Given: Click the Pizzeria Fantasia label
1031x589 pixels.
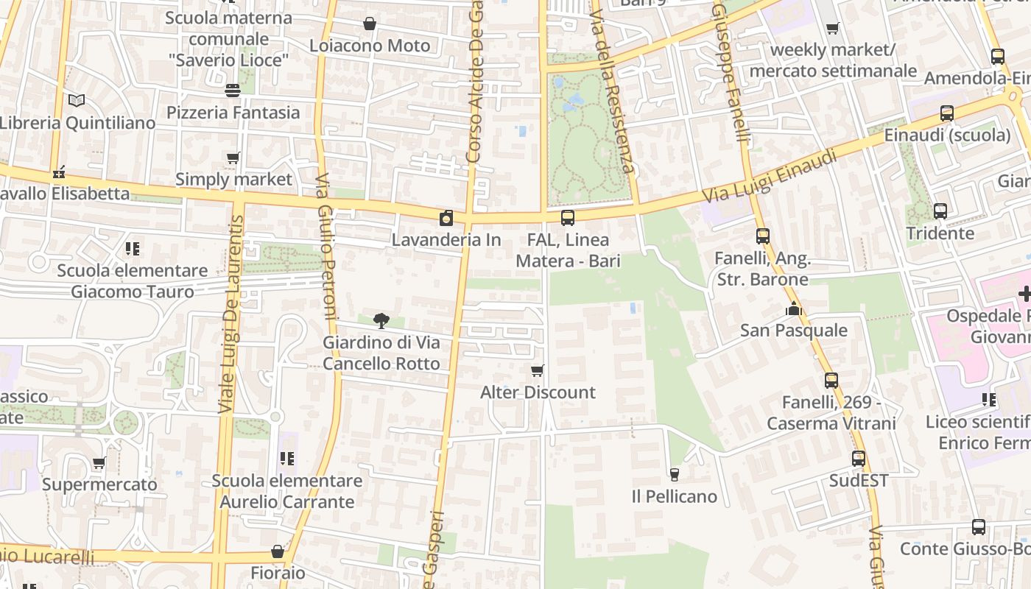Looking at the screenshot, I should [233, 113].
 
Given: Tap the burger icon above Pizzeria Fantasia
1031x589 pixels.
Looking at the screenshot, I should [233, 90].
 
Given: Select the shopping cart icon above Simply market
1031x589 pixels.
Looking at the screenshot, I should [233, 158].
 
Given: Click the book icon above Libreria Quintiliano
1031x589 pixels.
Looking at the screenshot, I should [77, 100].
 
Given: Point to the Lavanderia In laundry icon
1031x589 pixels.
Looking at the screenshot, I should [446, 218].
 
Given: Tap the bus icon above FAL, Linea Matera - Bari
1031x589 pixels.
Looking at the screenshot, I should [568, 218].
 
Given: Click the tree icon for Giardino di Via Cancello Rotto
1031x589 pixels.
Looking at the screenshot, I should [381, 320].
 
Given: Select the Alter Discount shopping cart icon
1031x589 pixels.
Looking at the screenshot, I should [538, 370].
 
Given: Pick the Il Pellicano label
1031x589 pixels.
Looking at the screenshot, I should [675, 497].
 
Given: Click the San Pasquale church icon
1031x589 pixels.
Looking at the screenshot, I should [793, 308].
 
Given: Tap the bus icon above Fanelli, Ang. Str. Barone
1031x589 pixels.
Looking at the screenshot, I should [763, 236].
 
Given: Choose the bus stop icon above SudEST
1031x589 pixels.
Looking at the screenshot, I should [859, 459].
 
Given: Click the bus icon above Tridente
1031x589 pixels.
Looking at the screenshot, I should [940, 211].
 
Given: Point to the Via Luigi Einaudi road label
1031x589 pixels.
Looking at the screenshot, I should [770, 177].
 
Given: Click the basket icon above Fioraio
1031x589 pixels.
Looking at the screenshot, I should [278, 551].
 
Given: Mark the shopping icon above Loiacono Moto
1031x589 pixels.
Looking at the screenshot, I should [370, 24].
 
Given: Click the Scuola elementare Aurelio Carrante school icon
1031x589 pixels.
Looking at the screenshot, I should [287, 459].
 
